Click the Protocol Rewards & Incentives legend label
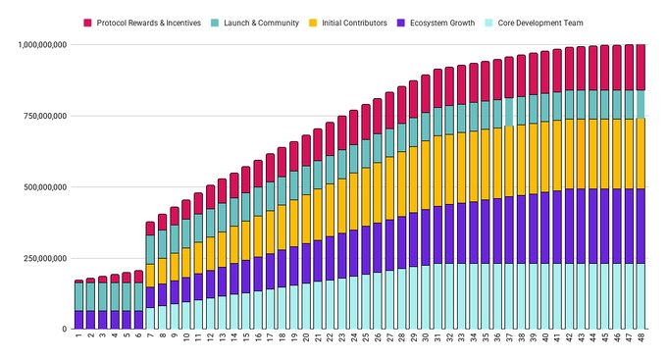148,23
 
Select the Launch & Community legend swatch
215,23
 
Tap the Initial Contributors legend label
354,23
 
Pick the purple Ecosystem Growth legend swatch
401,23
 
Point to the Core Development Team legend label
540,23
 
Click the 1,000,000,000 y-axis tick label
42,45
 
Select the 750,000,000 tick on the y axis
45,116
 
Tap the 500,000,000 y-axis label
45,186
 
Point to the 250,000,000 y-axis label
45,258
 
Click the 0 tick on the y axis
65,329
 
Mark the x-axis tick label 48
641,337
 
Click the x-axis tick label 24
354,337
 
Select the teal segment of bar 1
78,296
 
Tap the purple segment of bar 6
138,320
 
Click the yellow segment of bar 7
150,276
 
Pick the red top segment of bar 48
641,68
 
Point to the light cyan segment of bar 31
437,296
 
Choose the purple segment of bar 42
569,227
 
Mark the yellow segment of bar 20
306,219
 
